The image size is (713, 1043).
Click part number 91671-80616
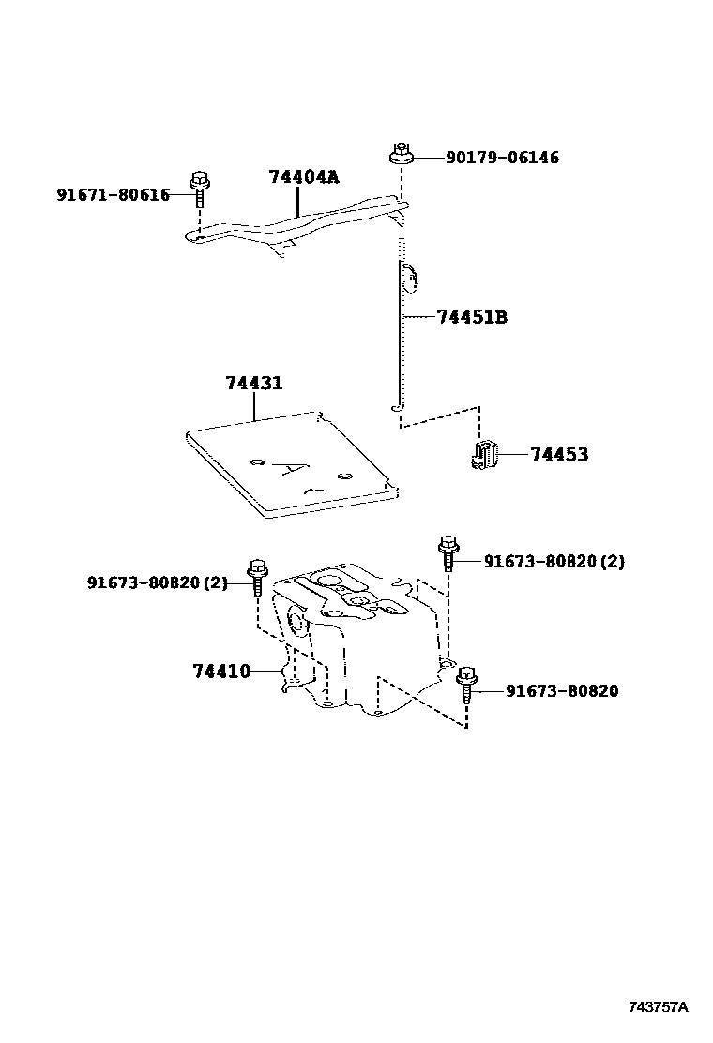point(113,195)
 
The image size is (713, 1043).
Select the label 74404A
point(303,176)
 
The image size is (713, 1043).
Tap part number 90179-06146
point(502,158)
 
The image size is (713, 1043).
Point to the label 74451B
point(472,317)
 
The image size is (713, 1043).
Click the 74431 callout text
point(253,384)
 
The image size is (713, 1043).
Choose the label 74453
point(559,455)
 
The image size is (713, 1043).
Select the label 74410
point(221,671)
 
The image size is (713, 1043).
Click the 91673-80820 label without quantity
point(562,691)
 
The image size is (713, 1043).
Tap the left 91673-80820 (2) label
point(158,582)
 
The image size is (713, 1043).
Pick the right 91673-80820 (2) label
point(554,562)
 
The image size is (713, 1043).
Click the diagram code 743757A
point(658,1007)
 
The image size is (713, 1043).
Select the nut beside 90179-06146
point(401,154)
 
